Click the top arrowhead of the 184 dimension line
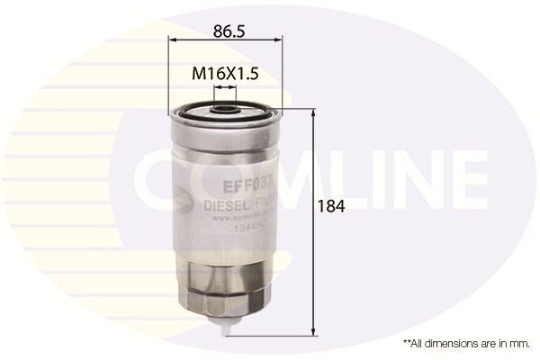[x=312, y=115]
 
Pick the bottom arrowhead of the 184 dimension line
[x=312, y=329]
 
